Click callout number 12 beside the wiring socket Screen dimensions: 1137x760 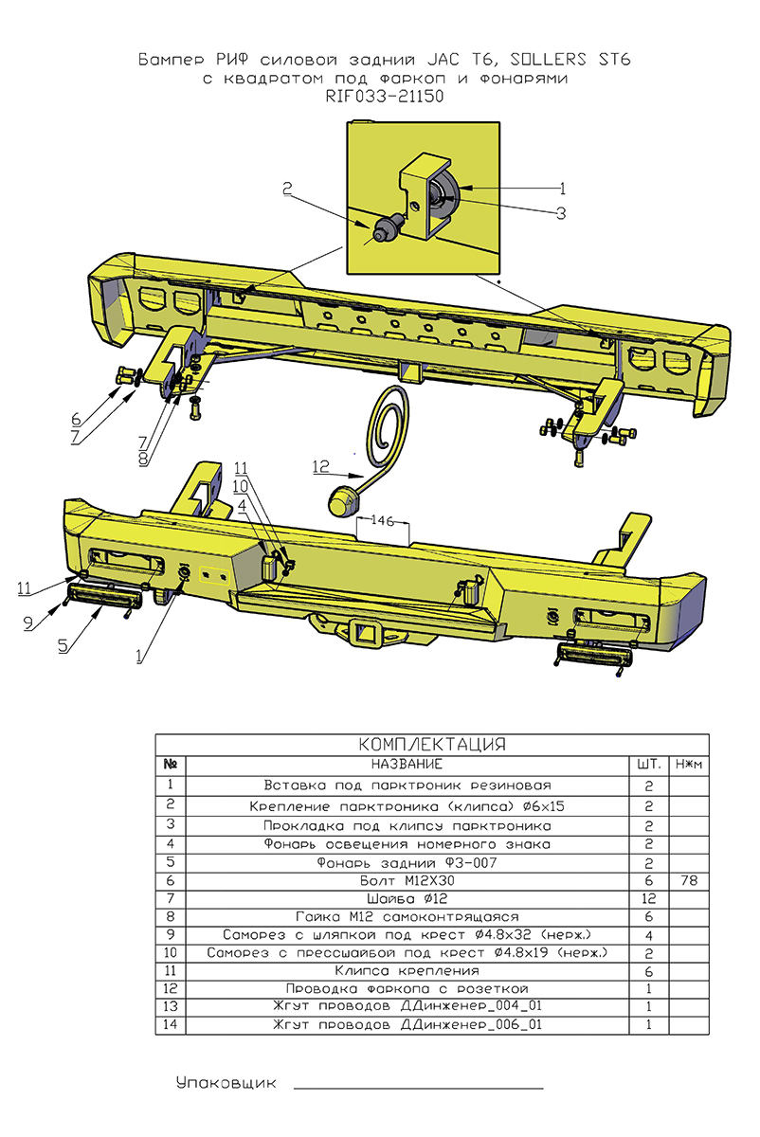[320, 465]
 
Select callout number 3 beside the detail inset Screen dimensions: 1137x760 [561, 213]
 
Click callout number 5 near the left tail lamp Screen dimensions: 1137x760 [63, 645]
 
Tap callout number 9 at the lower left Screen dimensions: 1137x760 [28, 622]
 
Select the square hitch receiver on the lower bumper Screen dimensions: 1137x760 [363, 632]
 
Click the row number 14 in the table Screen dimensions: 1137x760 [171, 1025]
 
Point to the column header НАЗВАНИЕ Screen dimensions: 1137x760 [407, 764]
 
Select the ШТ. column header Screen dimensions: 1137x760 [649, 764]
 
